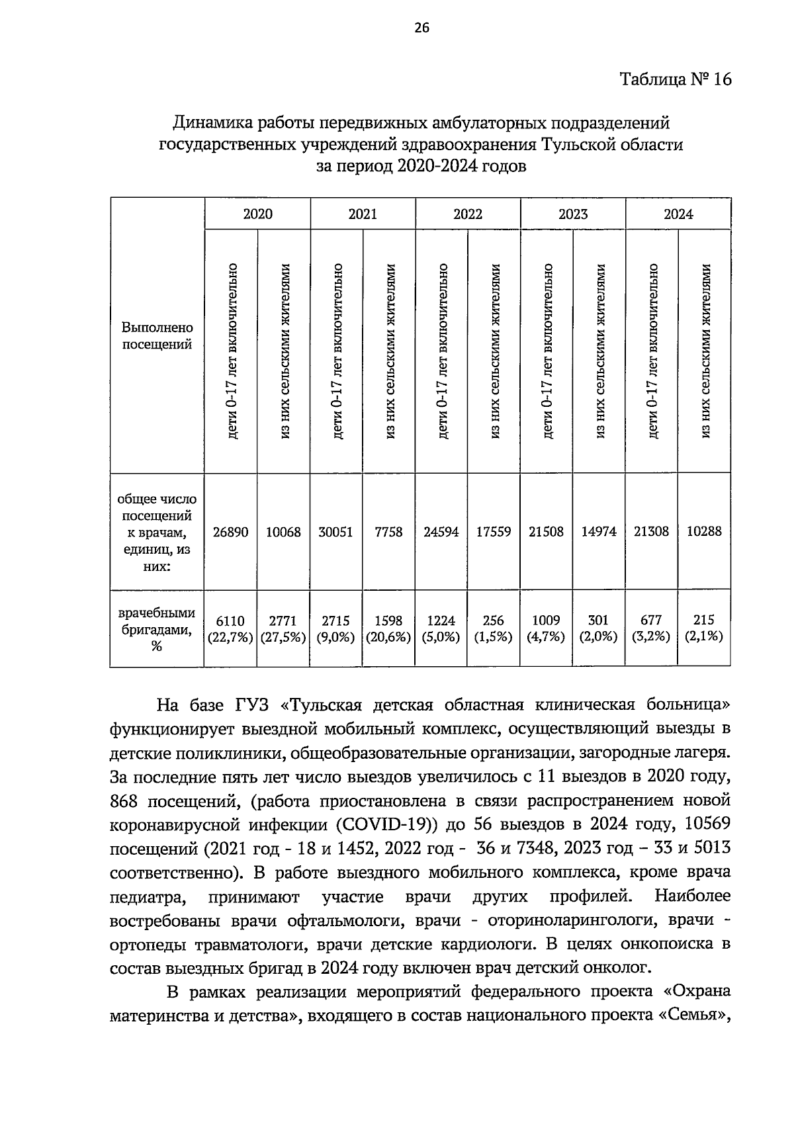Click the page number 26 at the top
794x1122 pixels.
421,27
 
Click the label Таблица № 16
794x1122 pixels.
675,80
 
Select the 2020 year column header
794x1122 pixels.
257,214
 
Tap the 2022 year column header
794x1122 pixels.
468,214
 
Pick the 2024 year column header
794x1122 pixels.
678,214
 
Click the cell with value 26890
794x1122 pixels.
231,531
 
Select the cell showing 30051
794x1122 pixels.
336,531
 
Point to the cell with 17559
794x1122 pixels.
494,531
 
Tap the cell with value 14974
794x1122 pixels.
599,531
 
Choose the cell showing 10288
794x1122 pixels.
704,531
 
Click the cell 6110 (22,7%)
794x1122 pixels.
231,628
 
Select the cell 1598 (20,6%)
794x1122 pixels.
388,628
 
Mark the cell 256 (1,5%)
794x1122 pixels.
494,628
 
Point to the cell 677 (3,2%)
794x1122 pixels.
652,628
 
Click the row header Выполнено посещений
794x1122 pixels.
157,336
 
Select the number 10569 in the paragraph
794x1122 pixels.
705,825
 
